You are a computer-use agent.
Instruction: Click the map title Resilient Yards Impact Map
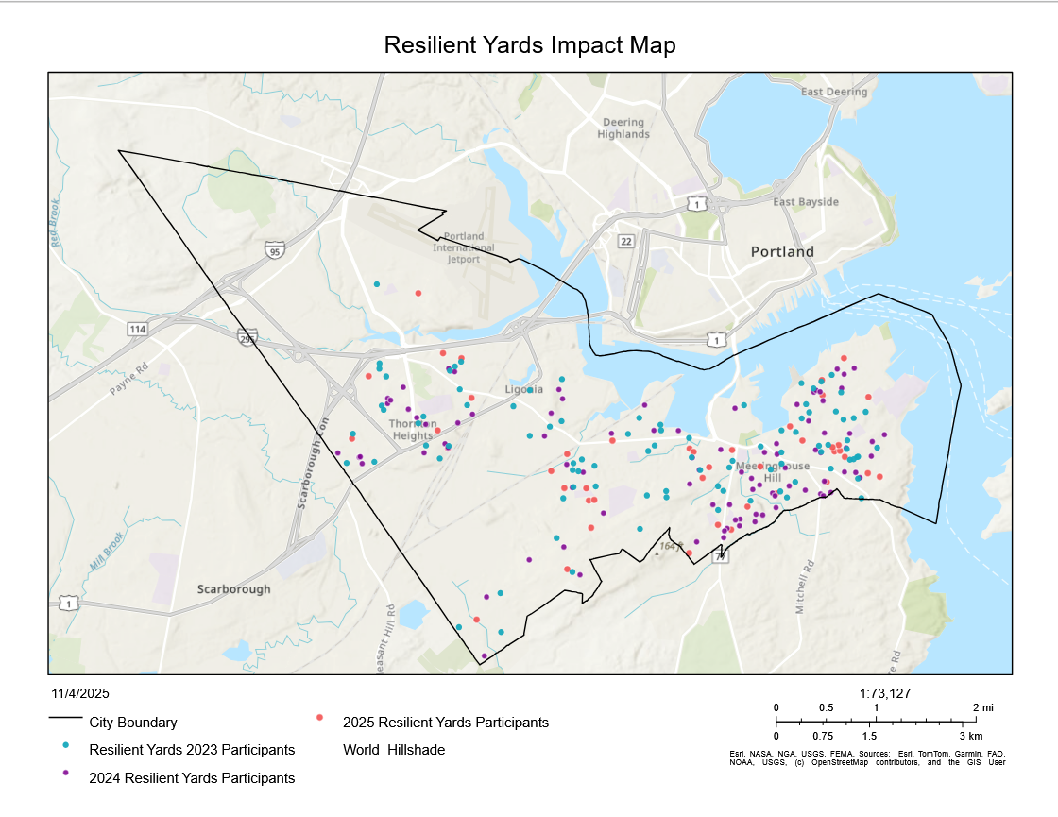point(529,45)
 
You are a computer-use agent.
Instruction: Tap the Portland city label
point(781,252)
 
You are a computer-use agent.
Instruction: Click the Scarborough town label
point(233,589)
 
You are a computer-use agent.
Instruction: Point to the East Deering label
point(833,92)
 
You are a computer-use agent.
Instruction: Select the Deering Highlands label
point(623,128)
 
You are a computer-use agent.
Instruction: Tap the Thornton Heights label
point(412,430)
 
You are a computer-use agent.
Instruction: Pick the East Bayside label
point(805,202)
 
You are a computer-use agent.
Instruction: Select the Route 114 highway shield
point(138,329)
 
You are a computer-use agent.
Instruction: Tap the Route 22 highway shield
point(625,242)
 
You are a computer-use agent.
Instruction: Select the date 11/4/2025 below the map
point(80,692)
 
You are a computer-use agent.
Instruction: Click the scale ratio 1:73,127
point(885,692)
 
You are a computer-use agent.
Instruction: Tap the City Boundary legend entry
point(133,723)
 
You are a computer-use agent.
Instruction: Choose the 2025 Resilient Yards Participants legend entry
point(445,723)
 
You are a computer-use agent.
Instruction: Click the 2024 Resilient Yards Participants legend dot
point(65,774)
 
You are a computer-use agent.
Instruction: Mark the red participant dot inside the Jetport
point(418,293)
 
